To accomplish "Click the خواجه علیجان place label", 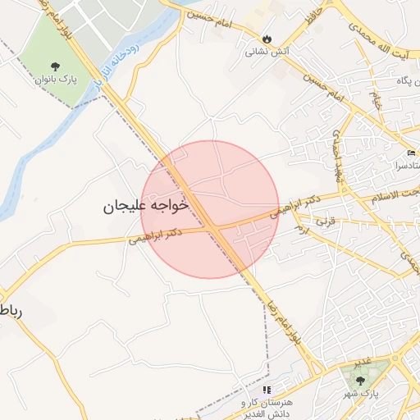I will point(146,205).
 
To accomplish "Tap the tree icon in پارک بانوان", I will point(55,66).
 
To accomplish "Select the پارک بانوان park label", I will point(55,80).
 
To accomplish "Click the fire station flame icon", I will point(267,38).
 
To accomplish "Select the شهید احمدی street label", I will point(338,156).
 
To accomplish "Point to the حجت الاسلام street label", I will point(392,194).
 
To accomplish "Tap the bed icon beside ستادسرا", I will point(411,153).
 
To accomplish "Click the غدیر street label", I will point(362,361).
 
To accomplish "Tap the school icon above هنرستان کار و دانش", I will point(267,390).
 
